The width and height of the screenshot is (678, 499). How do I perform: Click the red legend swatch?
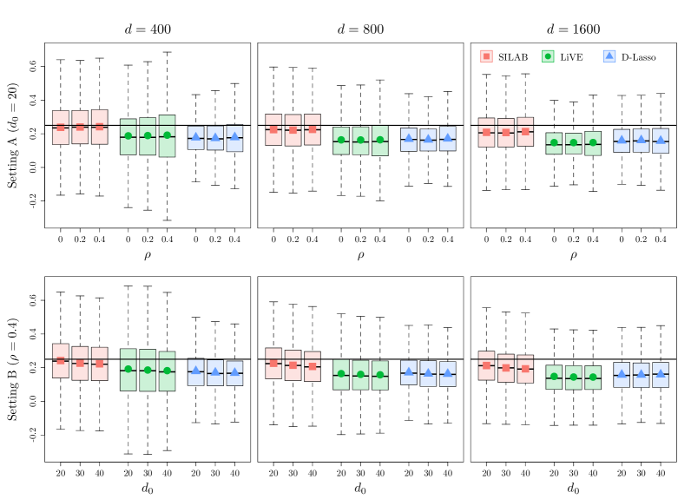[486, 56]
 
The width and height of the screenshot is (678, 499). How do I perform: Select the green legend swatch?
[548, 56]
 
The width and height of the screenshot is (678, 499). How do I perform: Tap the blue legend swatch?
[609, 56]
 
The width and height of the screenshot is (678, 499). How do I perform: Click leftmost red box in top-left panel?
[61, 128]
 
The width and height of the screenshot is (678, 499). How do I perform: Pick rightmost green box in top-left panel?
[167, 136]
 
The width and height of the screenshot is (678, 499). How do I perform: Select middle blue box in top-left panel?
[215, 138]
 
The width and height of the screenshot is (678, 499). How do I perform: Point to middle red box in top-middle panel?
[293, 130]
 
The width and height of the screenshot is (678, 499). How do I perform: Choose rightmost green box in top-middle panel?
[380, 141]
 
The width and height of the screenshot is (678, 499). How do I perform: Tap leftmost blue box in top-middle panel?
[409, 140]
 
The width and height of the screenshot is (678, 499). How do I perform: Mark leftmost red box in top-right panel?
[486, 133]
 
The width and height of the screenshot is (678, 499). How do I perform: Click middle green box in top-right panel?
[574, 143]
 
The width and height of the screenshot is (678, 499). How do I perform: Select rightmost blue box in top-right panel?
[661, 141]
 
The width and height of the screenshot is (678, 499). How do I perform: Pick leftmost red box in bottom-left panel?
[61, 361]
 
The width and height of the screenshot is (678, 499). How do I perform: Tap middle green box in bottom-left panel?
[148, 370]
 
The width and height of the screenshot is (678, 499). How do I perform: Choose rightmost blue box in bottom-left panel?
[234, 373]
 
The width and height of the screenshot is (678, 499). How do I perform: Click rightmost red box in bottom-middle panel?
[313, 366]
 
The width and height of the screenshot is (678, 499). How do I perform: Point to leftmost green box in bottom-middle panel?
[341, 374]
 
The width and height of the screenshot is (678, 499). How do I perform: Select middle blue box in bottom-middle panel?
[428, 373]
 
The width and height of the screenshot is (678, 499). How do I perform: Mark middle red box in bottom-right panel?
[506, 368]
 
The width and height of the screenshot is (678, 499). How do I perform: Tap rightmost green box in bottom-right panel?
[593, 377]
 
